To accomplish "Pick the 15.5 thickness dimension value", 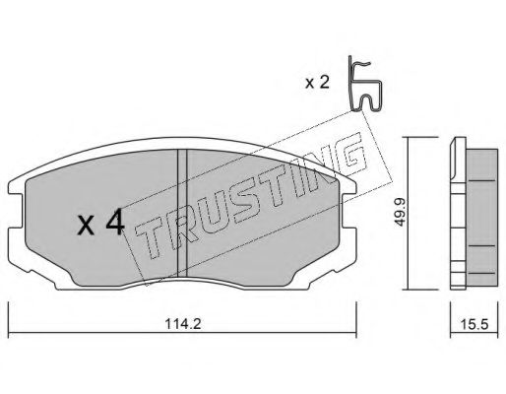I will tap(471, 320).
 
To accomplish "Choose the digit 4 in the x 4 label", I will tap(114, 224).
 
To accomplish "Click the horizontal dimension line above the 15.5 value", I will tap(471, 306).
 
